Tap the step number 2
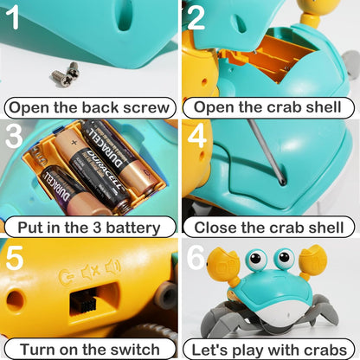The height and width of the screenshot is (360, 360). coord(196,18)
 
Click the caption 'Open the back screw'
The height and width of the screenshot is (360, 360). coord(90,108)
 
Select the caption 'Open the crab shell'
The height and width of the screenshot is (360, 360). coord(271,108)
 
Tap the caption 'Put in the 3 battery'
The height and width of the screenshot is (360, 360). coord(90,228)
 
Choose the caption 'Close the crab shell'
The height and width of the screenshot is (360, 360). coord(271,228)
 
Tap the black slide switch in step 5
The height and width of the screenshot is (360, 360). coord(85,302)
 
